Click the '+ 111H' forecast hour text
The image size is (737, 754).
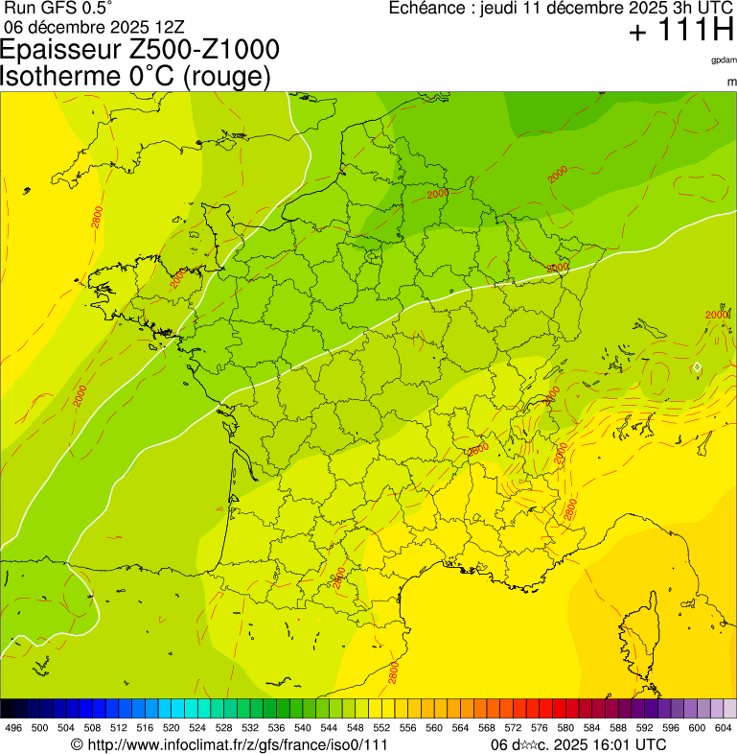click(680, 32)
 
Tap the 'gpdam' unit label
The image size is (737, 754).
click(724, 59)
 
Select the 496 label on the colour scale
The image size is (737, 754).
click(13, 729)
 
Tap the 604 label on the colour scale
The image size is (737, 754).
click(723, 729)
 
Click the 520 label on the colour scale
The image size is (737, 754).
click(170, 729)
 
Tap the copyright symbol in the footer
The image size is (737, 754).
click(77, 744)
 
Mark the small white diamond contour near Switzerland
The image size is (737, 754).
click(697, 367)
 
